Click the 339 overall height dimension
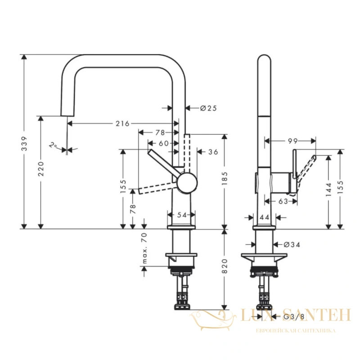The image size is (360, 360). pyautogui.click(x=24, y=144)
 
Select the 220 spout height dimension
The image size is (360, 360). pyautogui.click(x=41, y=169)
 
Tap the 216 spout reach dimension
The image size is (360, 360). pyautogui.click(x=122, y=123)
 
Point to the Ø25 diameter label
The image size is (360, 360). pyautogui.click(x=208, y=108)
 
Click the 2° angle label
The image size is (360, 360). pyautogui.click(x=53, y=145)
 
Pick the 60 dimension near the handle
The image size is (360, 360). pyautogui.click(x=164, y=143)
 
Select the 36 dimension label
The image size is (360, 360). pyautogui.click(x=213, y=152)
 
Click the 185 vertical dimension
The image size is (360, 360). pyautogui.click(x=225, y=178)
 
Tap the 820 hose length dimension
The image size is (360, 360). pyautogui.click(x=225, y=266)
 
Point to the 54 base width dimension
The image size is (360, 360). pyautogui.click(x=182, y=215)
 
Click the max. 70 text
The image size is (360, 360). pyautogui.click(x=144, y=248)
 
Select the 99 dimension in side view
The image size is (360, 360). pyautogui.click(x=292, y=141)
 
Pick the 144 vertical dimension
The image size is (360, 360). pyautogui.click(x=329, y=189)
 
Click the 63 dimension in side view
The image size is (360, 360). pyautogui.click(x=283, y=201)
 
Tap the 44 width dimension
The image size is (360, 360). pyautogui.click(x=264, y=217)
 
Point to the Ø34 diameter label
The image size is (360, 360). pyautogui.click(x=292, y=245)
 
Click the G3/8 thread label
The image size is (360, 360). pyautogui.click(x=294, y=317)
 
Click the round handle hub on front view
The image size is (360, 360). pyautogui.click(x=187, y=183)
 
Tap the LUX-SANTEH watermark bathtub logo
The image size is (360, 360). pyautogui.click(x=213, y=320)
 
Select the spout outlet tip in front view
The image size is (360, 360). pyautogui.click(x=67, y=116)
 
